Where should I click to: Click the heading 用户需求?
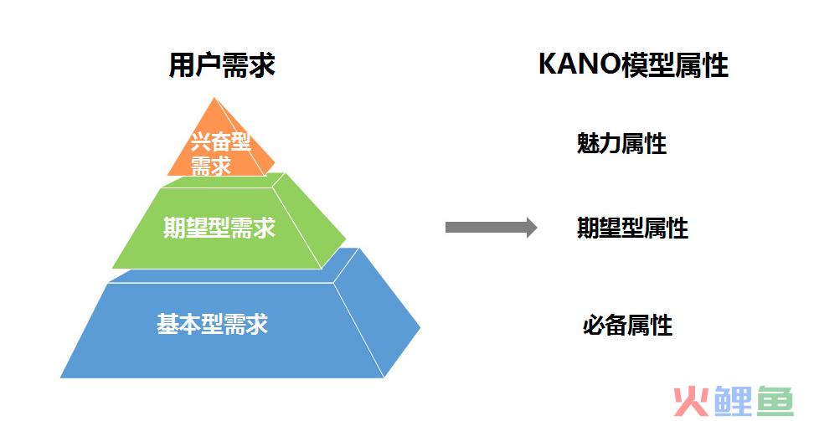pos(222,65)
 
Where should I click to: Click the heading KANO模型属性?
pos(633,65)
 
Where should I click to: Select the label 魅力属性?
pos(621,143)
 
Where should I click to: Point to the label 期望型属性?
pos(632,228)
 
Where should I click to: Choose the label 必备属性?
pos(627,325)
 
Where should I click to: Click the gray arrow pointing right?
pos(491,228)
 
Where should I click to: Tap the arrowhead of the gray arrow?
pos(532,228)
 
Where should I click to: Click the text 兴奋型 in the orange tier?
pos(220,141)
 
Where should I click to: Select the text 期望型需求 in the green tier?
pos(219,228)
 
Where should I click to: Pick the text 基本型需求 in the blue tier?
pos(213,323)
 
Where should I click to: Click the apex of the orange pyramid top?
pos(214,98)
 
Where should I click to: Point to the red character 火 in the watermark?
pos(691,401)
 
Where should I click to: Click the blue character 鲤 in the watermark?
pos(733,401)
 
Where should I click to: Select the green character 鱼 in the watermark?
pos(775,401)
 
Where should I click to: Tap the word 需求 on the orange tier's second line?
pos(211,166)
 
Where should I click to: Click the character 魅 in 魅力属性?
pos(588,143)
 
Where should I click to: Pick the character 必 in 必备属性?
pos(594,325)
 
